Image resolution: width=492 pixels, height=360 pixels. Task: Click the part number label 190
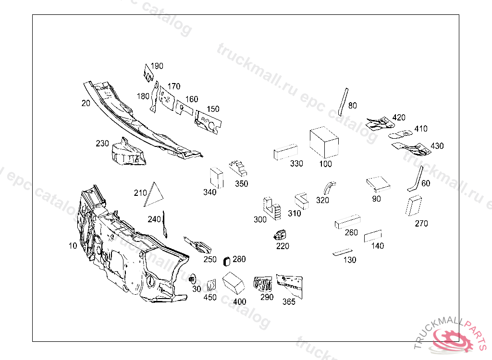[157, 66]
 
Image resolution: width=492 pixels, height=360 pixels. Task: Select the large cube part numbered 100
[324, 142]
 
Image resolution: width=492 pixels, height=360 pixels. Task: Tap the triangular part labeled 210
[154, 195]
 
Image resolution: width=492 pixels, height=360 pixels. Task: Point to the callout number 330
[296, 164]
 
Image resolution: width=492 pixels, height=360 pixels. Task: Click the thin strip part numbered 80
[342, 102]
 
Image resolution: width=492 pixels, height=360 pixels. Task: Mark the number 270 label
[421, 224]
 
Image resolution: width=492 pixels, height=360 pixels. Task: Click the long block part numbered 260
[347, 222]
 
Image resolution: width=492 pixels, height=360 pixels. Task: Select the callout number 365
[289, 302]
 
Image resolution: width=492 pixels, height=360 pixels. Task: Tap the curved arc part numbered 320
[329, 187]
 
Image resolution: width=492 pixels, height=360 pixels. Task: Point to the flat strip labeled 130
[342, 252]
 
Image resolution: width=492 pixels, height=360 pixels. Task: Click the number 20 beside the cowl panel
[86, 103]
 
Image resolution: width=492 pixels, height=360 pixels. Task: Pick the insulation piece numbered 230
[127, 153]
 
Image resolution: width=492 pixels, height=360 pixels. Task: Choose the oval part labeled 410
[400, 134]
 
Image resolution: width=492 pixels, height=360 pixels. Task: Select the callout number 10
[73, 246]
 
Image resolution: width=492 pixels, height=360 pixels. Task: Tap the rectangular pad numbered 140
[372, 236]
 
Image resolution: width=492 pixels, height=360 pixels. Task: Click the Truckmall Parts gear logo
[452, 338]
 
